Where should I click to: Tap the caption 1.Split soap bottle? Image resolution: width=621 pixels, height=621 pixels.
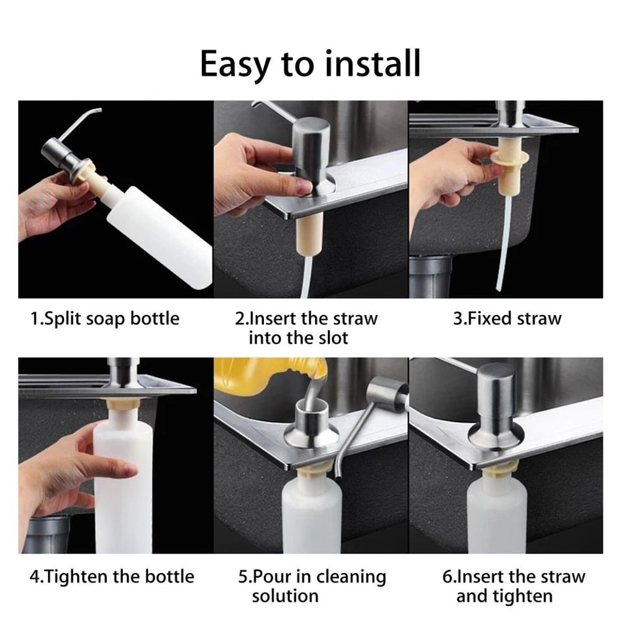coord(105,319)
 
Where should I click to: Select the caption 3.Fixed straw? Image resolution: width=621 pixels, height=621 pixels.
coord(507,319)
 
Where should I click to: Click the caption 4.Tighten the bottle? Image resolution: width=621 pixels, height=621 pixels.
coord(112,576)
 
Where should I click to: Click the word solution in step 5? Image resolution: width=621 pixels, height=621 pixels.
coord(285,596)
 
